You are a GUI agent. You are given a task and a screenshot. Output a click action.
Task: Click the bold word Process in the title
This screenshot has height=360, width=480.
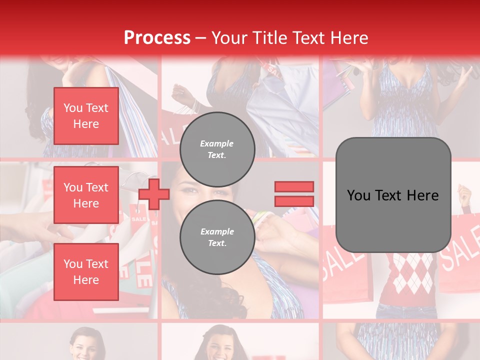[x=157, y=37]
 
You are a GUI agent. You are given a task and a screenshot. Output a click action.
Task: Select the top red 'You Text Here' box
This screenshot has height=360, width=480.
[x=86, y=116]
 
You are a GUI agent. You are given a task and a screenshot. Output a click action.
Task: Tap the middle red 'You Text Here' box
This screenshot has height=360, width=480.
[x=86, y=195]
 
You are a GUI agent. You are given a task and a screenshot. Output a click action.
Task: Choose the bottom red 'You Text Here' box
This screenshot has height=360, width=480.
[x=86, y=271]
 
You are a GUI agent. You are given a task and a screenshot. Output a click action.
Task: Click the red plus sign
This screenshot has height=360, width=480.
[x=154, y=194]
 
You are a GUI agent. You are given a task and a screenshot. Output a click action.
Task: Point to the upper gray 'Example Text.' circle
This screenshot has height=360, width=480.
[x=217, y=149]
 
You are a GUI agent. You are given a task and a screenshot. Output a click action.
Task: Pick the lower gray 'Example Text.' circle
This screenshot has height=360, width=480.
[x=217, y=237]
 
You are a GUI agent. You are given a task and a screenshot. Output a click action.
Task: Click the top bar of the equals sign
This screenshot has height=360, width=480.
[x=294, y=186]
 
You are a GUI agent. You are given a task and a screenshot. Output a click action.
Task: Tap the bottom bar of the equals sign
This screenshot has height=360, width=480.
[x=294, y=201]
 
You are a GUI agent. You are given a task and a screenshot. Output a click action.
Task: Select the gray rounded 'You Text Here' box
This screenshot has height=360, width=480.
[x=393, y=195]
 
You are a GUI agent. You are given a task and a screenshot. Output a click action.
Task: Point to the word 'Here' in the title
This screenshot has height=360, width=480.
[x=350, y=37]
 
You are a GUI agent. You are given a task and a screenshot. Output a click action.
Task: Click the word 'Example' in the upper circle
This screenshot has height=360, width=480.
[x=216, y=143]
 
